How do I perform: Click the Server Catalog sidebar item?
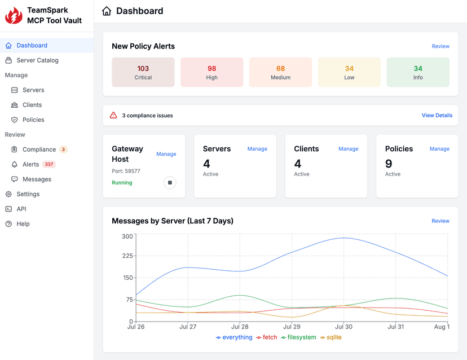coord(37,60)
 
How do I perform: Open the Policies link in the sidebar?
coord(33,120)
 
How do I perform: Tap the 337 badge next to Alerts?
coord(49,164)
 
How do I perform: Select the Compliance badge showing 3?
coord(64,150)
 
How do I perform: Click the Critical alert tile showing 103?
coord(143,72)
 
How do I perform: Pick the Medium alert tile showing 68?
coord(280,72)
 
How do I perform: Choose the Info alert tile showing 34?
coord(418,72)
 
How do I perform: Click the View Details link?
coord(437,115)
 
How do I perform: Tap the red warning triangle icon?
coord(113,115)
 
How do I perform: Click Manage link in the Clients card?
coord(348,149)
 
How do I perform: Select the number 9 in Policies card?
coord(389,164)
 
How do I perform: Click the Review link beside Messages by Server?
coord(440,221)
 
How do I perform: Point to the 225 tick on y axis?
coord(127,256)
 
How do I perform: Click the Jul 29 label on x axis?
coord(292,327)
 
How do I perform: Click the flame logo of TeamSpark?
coord(14,15)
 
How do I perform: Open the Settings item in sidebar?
coord(28,194)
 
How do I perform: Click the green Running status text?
coord(122,183)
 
